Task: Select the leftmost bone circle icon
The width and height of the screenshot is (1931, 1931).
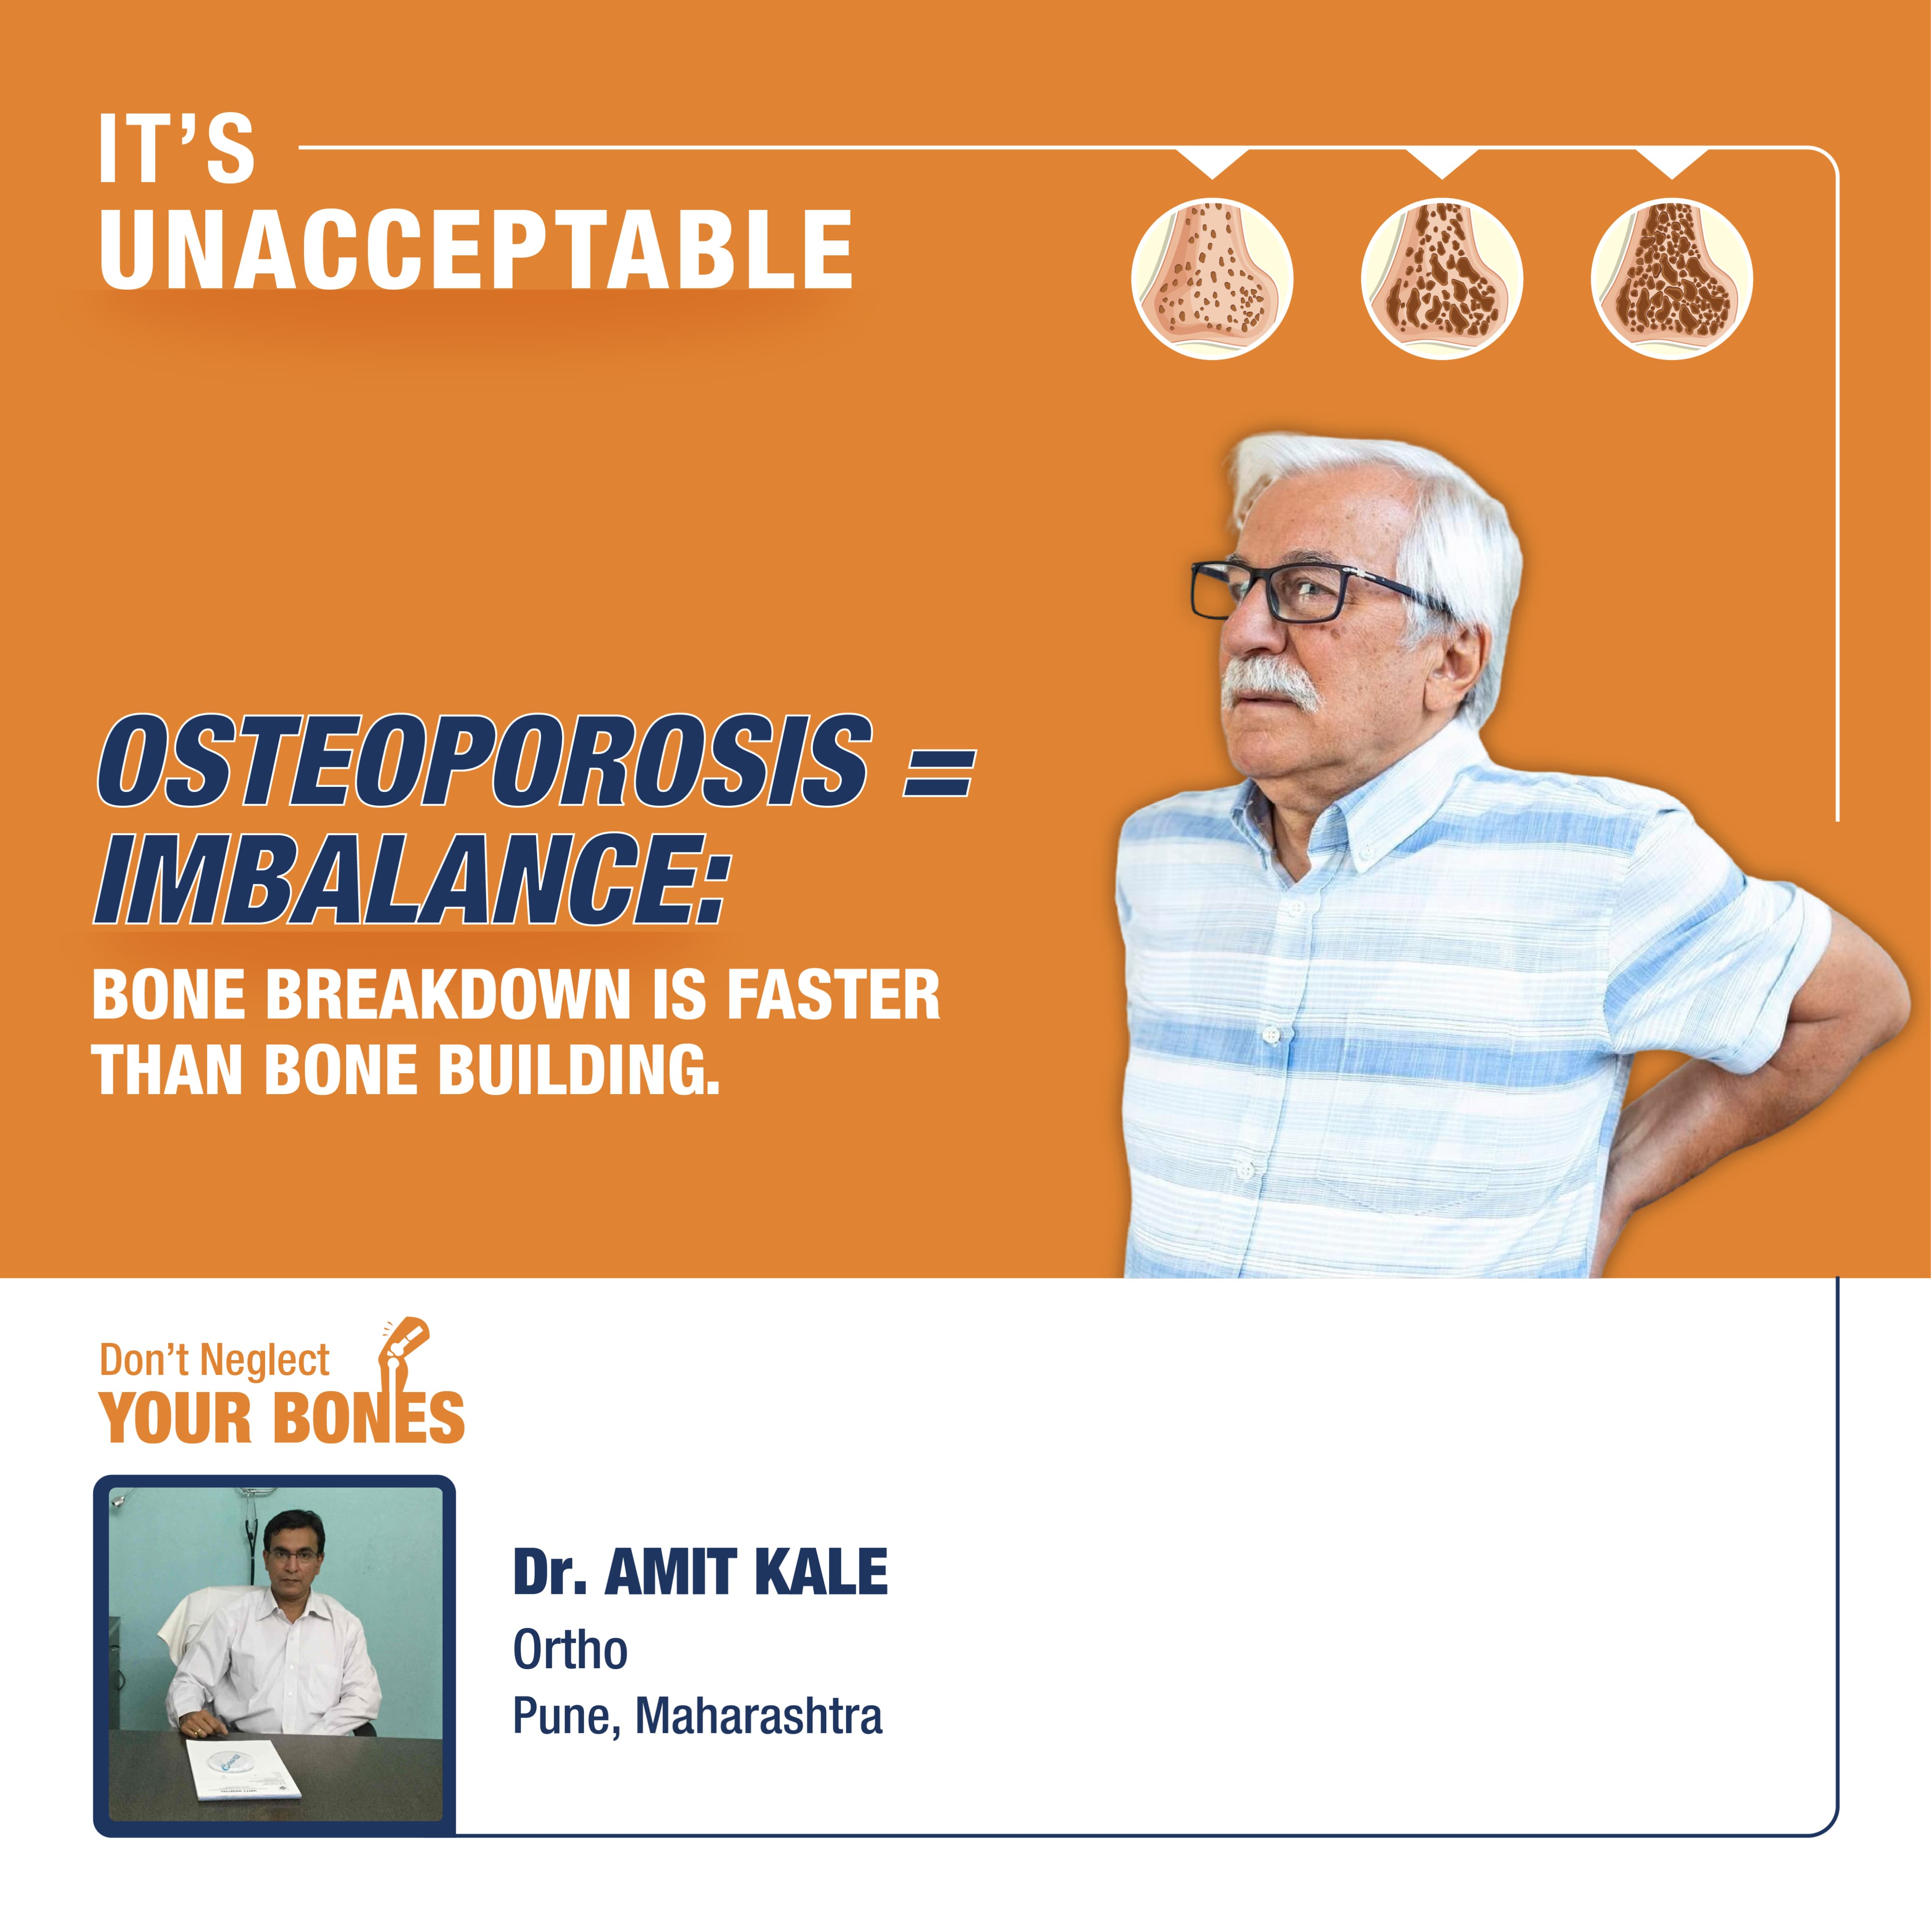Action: (x=1212, y=279)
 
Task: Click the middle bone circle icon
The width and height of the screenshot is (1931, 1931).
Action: (x=1442, y=279)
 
